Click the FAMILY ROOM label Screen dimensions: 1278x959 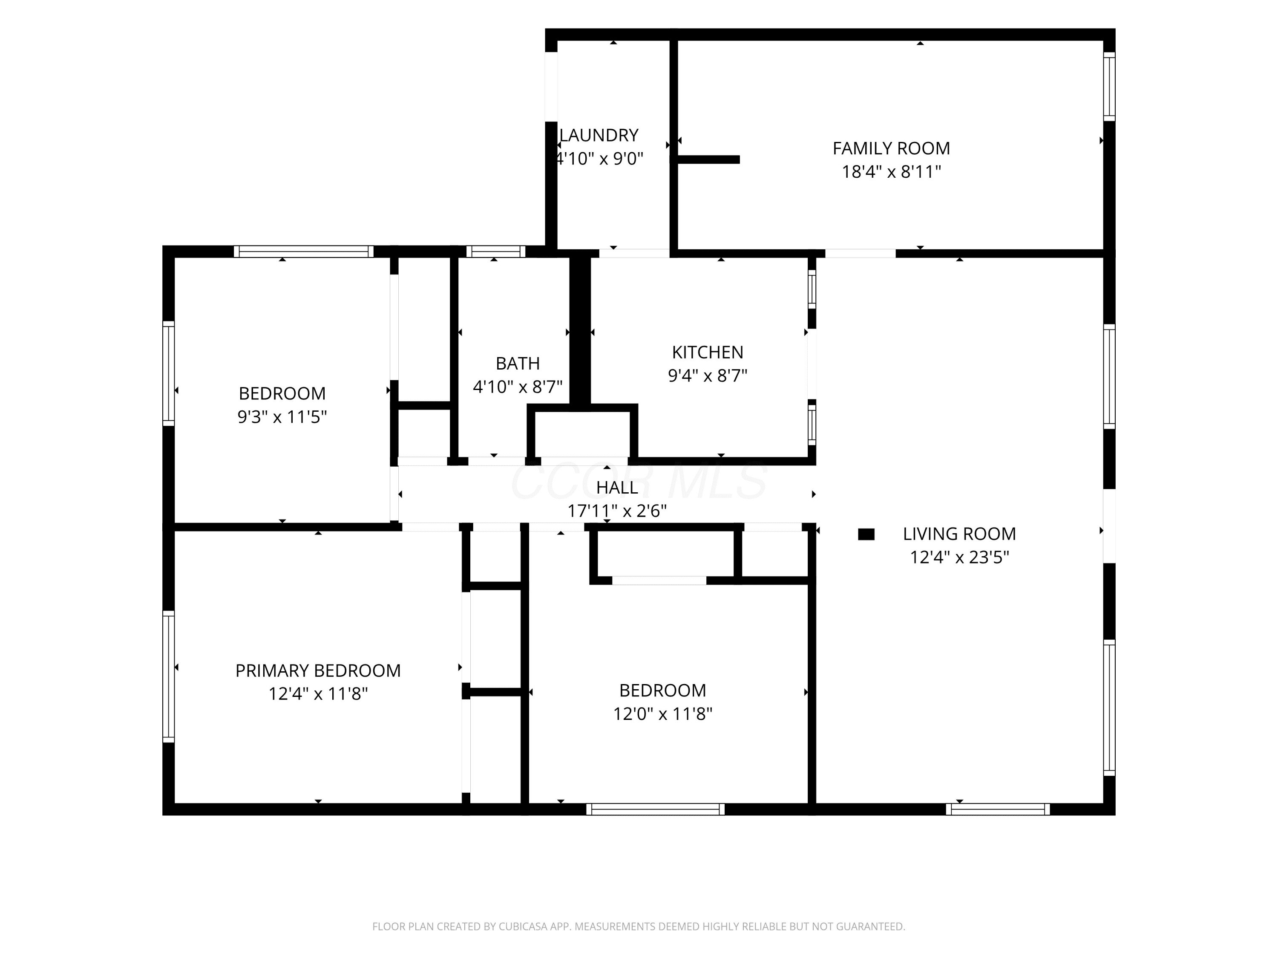coord(891,149)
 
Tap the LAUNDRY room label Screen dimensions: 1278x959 coord(599,135)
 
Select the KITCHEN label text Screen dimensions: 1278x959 coord(707,352)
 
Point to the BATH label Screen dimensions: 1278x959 coord(518,363)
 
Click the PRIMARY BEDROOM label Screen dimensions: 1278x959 coord(318,670)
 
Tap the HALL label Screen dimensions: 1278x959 coord(617,487)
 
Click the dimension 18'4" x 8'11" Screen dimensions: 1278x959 coord(891,172)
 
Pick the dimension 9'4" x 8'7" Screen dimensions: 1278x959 coord(707,375)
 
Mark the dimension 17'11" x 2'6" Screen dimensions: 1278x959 coord(617,511)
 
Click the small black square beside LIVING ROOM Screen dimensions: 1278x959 coord(866,534)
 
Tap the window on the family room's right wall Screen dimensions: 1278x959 coord(1109,87)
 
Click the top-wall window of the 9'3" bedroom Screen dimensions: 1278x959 coord(303,251)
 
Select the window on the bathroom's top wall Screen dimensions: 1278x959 coord(496,251)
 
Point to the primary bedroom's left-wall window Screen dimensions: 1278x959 coord(168,676)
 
